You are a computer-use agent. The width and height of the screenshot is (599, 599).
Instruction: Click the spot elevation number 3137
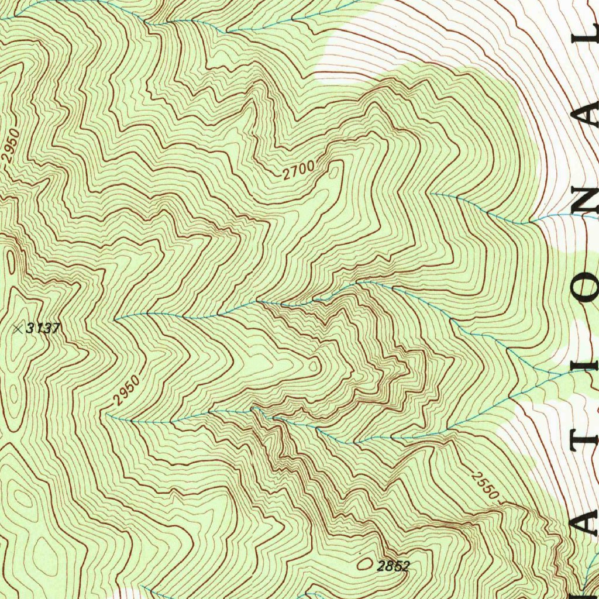(x=43, y=328)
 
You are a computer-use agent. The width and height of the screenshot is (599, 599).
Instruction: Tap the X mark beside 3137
(x=18, y=329)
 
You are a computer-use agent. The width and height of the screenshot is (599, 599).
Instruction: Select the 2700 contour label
(x=298, y=170)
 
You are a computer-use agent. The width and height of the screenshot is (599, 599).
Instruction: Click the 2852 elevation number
(x=393, y=566)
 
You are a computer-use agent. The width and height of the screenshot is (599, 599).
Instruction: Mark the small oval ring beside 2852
(x=365, y=564)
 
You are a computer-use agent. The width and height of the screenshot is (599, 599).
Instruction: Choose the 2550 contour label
(x=485, y=485)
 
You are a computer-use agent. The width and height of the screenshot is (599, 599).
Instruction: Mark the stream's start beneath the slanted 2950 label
(x=108, y=414)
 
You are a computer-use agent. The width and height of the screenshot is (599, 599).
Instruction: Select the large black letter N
(x=587, y=199)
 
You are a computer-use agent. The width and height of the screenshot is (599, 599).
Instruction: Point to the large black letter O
(x=587, y=287)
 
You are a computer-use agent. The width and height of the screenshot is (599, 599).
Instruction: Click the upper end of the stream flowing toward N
(x=432, y=194)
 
